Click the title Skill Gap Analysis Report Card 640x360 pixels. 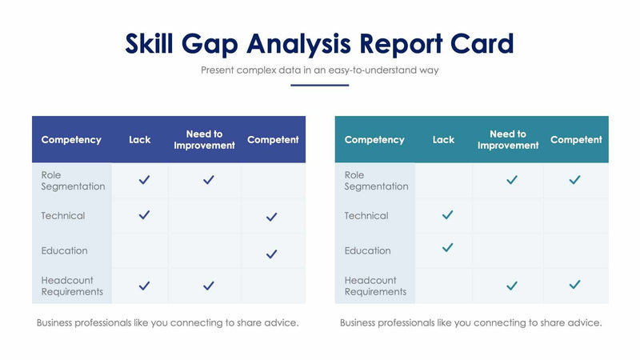(319, 43)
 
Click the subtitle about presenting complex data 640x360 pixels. (319, 70)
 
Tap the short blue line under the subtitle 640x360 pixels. (319, 85)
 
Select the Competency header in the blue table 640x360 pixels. (71, 140)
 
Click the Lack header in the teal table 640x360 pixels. (443, 140)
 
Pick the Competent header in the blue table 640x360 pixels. (273, 140)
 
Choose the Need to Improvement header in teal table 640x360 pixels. (508, 140)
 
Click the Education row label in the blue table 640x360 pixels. (65, 251)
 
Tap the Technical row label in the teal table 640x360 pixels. (366, 216)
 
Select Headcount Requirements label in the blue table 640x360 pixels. (72, 286)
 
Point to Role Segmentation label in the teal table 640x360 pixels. (376, 181)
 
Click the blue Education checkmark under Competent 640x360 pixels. (272, 254)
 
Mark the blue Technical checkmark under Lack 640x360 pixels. (144, 215)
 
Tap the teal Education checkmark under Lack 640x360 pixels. (447, 248)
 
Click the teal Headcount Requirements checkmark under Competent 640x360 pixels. (574, 285)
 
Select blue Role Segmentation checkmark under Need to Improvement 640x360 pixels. (208, 180)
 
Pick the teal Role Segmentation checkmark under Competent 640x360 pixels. (574, 180)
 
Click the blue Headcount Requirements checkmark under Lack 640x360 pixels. (144, 286)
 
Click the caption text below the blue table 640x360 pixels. (168, 323)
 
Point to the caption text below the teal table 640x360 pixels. (470, 323)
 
